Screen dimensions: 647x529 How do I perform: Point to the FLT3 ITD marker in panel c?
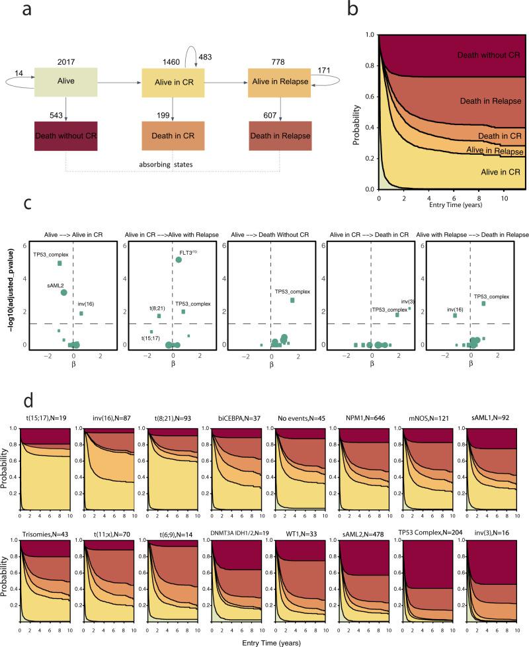click(179, 260)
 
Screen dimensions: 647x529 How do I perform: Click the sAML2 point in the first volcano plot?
click(63, 292)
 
